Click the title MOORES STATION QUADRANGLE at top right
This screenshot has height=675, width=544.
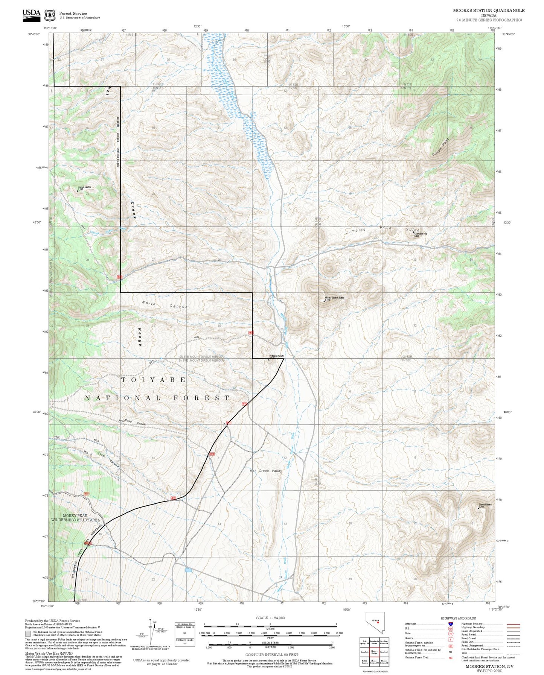point(489,10)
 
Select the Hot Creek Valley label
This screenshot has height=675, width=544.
point(266,471)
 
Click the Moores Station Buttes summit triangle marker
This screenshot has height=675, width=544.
point(325,301)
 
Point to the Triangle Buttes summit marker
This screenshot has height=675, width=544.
point(78,191)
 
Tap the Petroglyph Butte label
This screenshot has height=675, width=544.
point(276,356)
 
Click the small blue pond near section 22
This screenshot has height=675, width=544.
point(187,571)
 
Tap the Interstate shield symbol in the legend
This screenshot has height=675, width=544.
point(450,623)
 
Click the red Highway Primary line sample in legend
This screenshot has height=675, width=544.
point(513,623)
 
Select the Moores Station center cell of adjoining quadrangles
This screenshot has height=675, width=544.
point(374,652)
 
